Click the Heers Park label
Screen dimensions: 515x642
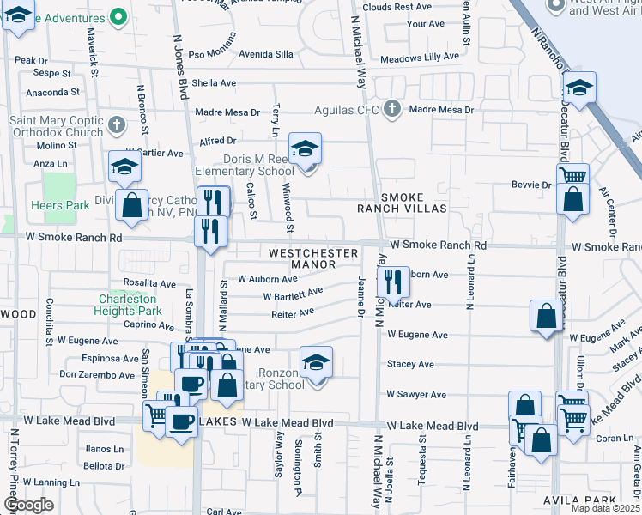click(59, 205)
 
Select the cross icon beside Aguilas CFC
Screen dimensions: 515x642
click(392, 109)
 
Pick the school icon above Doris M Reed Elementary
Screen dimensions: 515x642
click(305, 150)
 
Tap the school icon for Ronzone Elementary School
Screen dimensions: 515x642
click(316, 361)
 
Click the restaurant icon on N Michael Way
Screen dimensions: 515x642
click(392, 280)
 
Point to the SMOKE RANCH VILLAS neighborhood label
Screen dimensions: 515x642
click(403, 203)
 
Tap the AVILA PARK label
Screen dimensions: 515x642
click(579, 500)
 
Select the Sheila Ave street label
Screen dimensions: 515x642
click(214, 83)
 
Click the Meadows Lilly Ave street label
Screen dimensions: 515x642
click(421, 58)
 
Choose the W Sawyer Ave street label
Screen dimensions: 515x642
click(416, 395)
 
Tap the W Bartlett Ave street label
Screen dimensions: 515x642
click(293, 294)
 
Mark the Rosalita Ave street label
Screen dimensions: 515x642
click(149, 283)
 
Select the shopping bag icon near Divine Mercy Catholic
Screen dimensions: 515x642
click(131, 204)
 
